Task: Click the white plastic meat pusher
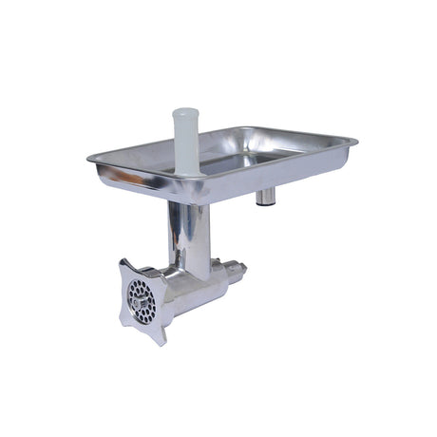click(x=186, y=142)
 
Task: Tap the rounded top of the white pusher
click(x=186, y=113)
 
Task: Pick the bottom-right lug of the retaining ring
click(x=162, y=334)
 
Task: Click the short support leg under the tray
click(x=267, y=196)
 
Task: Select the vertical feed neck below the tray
click(x=187, y=233)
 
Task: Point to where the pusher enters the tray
click(x=187, y=172)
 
